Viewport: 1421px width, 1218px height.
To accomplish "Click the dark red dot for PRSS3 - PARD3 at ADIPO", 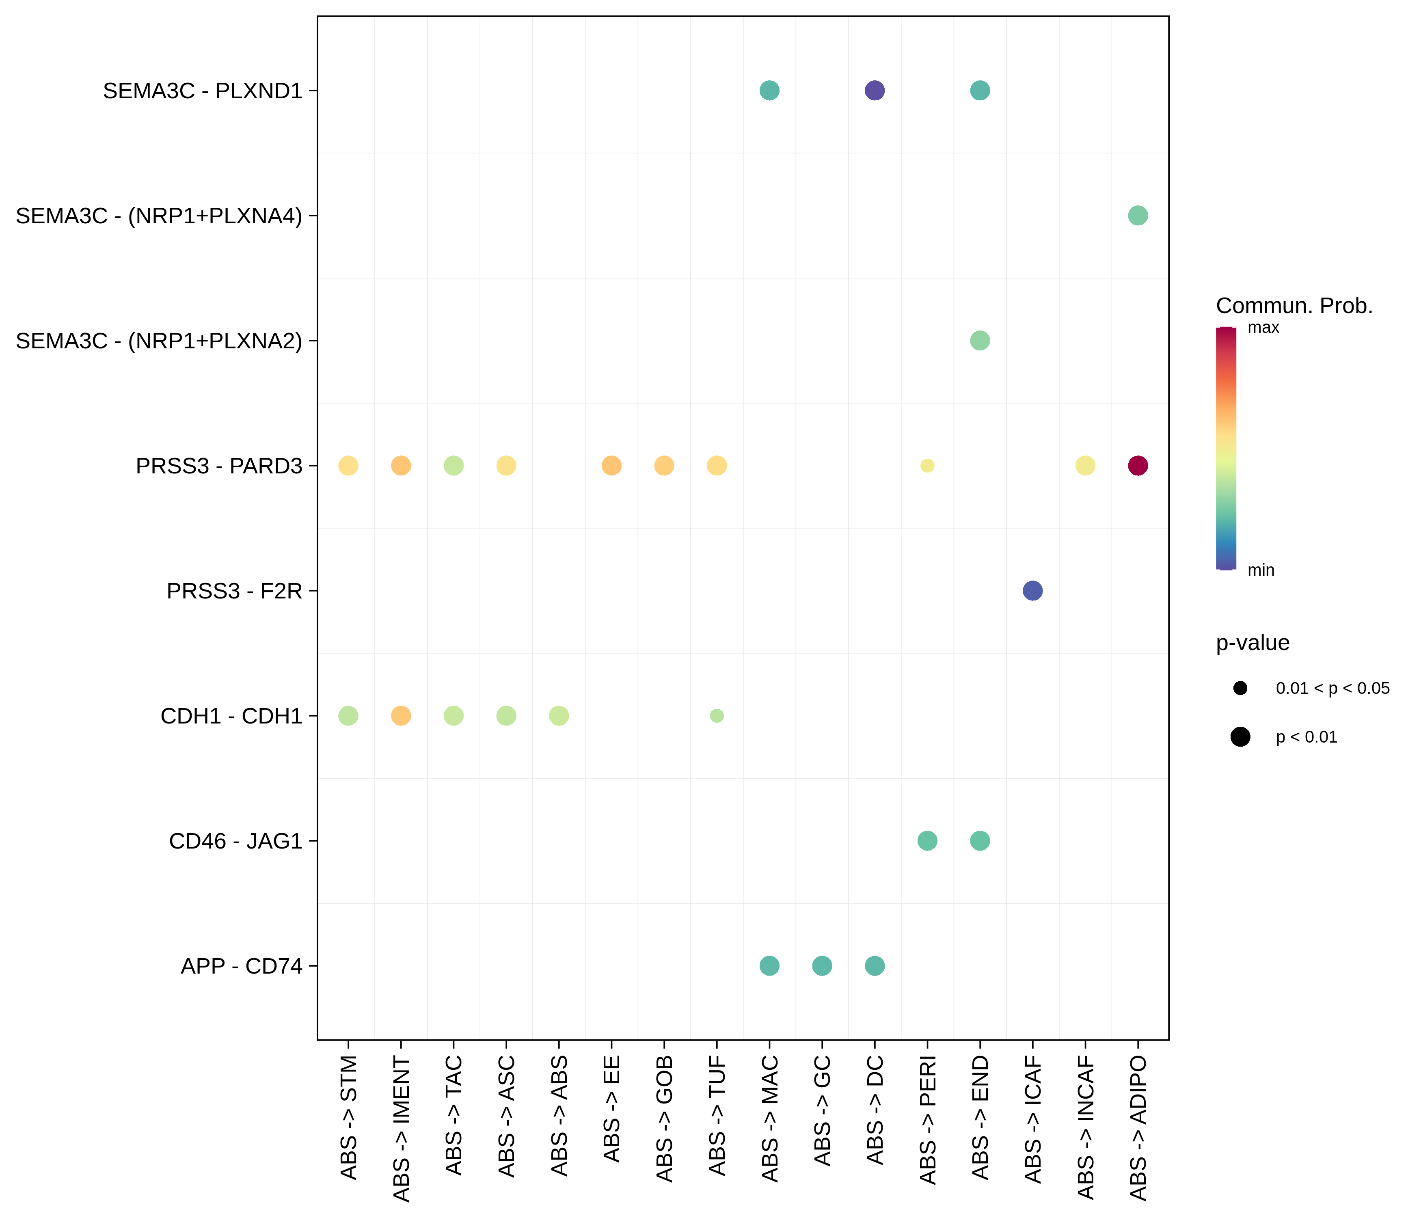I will [1137, 466].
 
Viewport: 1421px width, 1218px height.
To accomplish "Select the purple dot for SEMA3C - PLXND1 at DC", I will [875, 91].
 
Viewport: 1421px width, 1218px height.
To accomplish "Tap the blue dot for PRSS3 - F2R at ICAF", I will [1032, 590].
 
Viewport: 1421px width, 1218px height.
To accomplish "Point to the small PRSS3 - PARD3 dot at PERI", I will [927, 466].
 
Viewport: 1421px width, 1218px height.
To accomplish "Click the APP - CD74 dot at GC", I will [822, 965].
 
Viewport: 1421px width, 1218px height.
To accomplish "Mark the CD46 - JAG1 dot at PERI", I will [927, 841].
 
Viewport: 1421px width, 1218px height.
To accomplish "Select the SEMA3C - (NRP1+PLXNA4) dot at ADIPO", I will [1137, 215].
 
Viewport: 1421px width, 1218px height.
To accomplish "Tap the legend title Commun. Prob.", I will [1294, 306].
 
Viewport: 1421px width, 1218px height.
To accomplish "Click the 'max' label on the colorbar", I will [1263, 328].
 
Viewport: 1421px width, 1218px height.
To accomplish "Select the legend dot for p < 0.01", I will [1240, 737].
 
